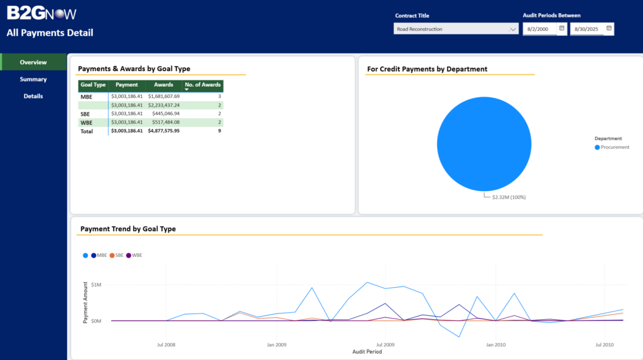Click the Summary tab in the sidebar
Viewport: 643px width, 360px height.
(x=33, y=79)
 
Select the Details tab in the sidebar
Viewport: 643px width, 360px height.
(x=33, y=96)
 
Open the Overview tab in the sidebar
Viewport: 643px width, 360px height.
(x=33, y=62)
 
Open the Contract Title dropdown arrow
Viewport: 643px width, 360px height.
(x=512, y=29)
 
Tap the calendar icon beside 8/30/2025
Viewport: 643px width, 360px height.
(x=609, y=28)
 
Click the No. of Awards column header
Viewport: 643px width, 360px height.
(x=203, y=85)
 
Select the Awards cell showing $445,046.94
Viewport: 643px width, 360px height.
(x=166, y=114)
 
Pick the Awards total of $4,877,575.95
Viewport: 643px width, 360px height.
(x=164, y=131)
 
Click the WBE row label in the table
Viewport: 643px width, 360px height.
(x=87, y=123)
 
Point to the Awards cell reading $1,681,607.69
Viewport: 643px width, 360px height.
(x=164, y=97)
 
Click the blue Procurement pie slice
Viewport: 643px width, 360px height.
(x=484, y=144)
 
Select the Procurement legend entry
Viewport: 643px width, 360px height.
(x=612, y=148)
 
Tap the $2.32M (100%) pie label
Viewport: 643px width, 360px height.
(x=509, y=197)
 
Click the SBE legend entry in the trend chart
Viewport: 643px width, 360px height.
(x=116, y=255)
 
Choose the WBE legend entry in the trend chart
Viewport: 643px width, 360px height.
(x=134, y=255)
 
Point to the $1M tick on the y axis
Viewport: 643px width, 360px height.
(x=96, y=285)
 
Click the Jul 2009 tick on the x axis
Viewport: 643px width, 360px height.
(x=385, y=345)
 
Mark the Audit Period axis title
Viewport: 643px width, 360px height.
(x=367, y=352)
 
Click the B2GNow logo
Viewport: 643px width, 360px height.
(x=41, y=13)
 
